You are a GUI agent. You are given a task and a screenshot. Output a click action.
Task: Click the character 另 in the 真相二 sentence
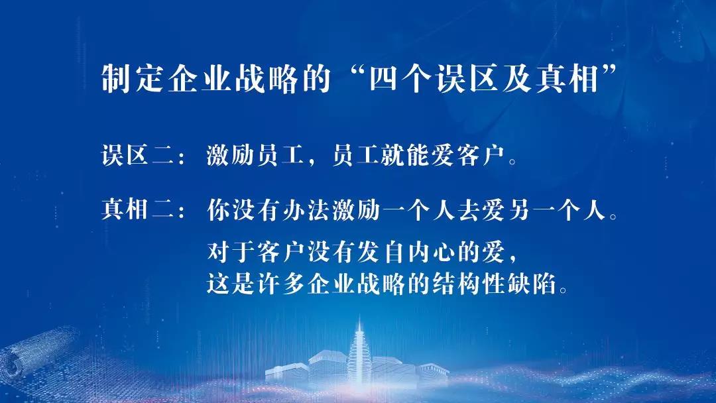point(519,210)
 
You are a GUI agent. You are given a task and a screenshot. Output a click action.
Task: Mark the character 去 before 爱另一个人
point(469,210)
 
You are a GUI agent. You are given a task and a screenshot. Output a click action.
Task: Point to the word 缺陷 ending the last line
point(532,284)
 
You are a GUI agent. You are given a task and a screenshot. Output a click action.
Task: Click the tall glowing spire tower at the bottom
point(359,351)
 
